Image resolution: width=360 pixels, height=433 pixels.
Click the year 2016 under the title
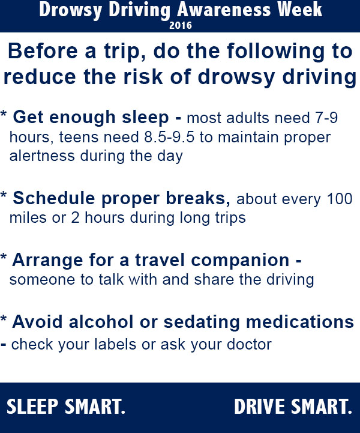click(180, 25)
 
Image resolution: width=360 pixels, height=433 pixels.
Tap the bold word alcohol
click(95, 322)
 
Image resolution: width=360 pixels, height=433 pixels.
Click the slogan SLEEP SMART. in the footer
click(66, 407)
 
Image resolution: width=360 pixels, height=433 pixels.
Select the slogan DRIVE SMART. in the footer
click(293, 407)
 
